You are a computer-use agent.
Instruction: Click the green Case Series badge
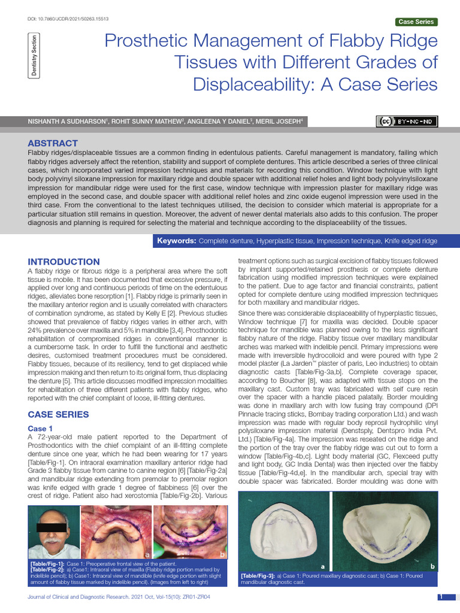click(x=416, y=22)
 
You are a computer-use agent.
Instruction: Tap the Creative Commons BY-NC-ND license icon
click(x=407, y=122)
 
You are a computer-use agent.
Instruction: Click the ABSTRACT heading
click(x=53, y=143)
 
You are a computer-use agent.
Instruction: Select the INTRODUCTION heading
click(x=64, y=262)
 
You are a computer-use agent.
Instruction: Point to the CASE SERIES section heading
click(x=59, y=414)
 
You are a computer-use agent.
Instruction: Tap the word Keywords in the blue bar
click(x=176, y=241)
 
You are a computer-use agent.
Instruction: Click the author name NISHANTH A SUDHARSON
click(x=68, y=122)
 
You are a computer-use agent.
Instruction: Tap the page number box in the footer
click(x=440, y=597)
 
